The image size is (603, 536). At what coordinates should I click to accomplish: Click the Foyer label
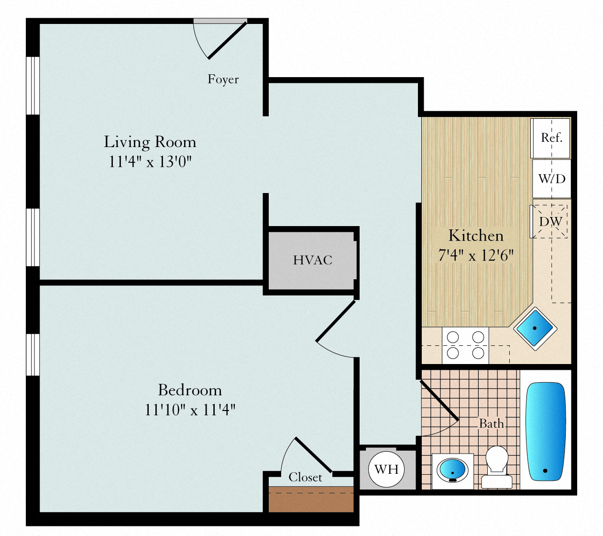click(223, 80)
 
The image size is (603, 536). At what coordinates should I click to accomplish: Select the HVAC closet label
click(313, 260)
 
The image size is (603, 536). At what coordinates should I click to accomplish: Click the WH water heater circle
click(386, 469)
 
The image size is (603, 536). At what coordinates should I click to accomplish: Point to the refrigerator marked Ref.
click(550, 138)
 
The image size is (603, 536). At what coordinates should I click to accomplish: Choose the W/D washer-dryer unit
click(551, 179)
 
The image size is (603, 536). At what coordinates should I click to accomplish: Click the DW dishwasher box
click(549, 221)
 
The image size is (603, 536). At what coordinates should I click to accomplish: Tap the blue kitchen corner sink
click(535, 329)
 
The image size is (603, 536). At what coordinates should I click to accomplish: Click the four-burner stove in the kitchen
click(465, 345)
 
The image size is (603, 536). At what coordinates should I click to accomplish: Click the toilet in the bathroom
click(497, 467)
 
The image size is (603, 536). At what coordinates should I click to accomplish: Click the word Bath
click(492, 423)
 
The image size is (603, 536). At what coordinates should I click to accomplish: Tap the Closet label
click(305, 477)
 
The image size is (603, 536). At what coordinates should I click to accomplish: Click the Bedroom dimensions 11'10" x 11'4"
click(190, 410)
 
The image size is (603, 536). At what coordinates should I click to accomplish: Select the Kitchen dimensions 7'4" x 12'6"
click(476, 255)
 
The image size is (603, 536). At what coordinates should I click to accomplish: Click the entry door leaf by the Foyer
click(228, 41)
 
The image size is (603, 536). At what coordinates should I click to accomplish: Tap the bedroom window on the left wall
click(33, 354)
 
